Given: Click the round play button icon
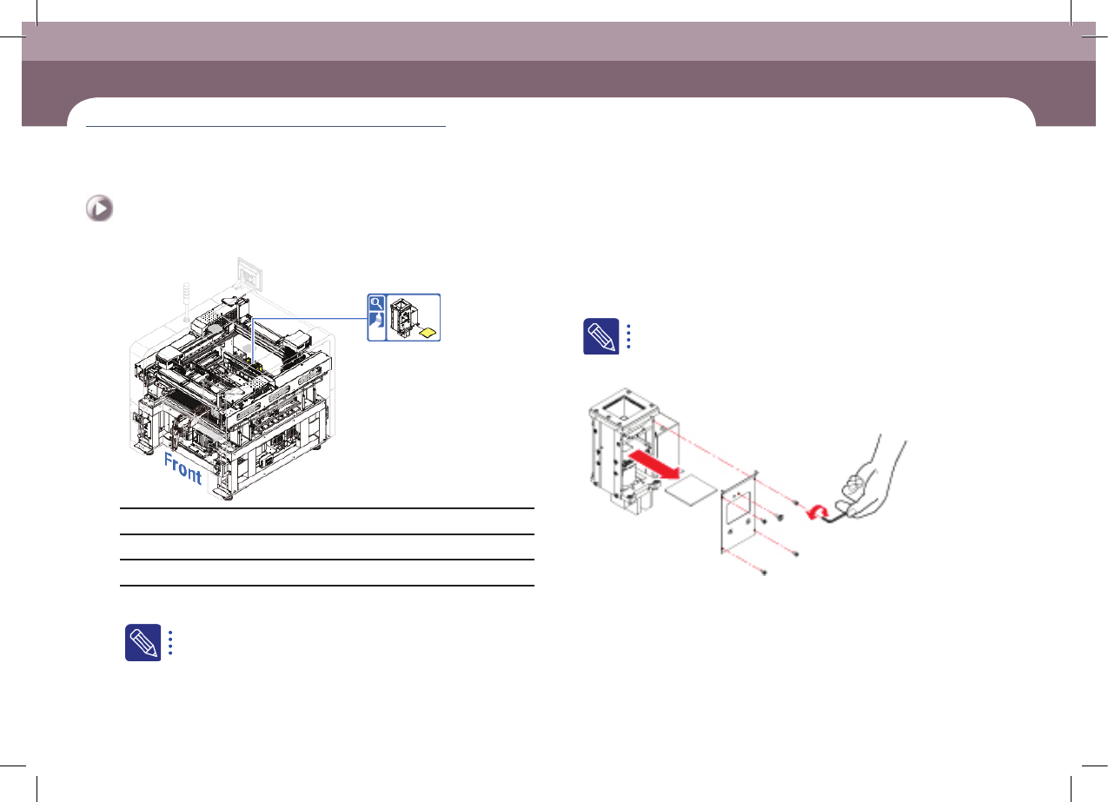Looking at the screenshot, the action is coord(99,209).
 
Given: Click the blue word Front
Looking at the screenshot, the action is coord(182,468).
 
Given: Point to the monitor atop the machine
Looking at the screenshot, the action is coord(249,273).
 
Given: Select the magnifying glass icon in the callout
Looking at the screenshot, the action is coord(376,302).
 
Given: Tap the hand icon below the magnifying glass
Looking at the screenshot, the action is coord(376,320).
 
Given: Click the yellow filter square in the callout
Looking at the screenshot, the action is coord(428,333).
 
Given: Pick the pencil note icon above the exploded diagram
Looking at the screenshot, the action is coord(601,336).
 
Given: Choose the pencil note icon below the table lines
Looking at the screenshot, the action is coord(143,642).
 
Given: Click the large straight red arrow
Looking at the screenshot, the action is coord(653,464).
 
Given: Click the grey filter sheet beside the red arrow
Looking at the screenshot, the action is coord(691,489).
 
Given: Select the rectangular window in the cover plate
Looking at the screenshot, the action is coord(740,509).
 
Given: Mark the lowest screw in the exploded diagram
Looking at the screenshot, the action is coord(764,573).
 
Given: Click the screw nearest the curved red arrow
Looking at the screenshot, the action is coord(796,503).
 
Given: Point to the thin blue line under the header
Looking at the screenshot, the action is coord(266,127).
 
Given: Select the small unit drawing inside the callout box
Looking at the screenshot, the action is coord(403,317).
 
